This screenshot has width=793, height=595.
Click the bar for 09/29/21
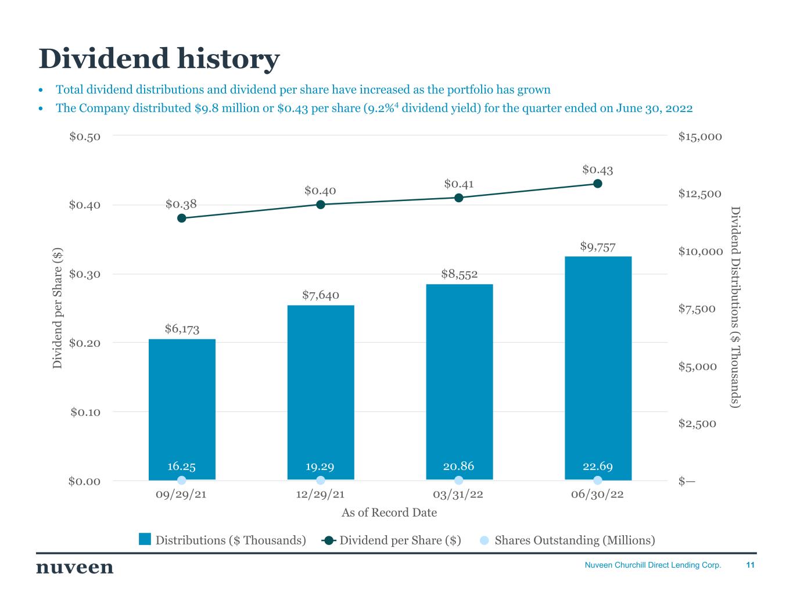click(182, 407)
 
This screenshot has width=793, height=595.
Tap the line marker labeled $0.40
click(321, 205)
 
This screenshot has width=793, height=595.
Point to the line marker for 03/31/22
click(459, 198)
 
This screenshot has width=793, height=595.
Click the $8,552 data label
click(459, 274)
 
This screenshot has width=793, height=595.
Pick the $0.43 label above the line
click(597, 170)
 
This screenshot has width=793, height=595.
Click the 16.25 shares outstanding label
click(181, 466)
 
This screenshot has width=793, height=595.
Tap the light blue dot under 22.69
click(598, 480)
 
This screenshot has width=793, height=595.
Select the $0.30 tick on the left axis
click(85, 274)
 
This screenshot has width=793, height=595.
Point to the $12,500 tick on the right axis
click(700, 193)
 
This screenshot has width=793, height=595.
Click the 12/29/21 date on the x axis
click(320, 494)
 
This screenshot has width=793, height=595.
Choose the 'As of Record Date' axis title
click(389, 512)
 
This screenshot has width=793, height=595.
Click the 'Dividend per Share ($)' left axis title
click(58, 308)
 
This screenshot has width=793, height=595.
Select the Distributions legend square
click(145, 540)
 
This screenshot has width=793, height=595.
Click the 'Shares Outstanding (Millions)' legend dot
click(485, 540)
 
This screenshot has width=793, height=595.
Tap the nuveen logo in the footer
click(75, 567)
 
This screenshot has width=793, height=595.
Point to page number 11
click(750, 565)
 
